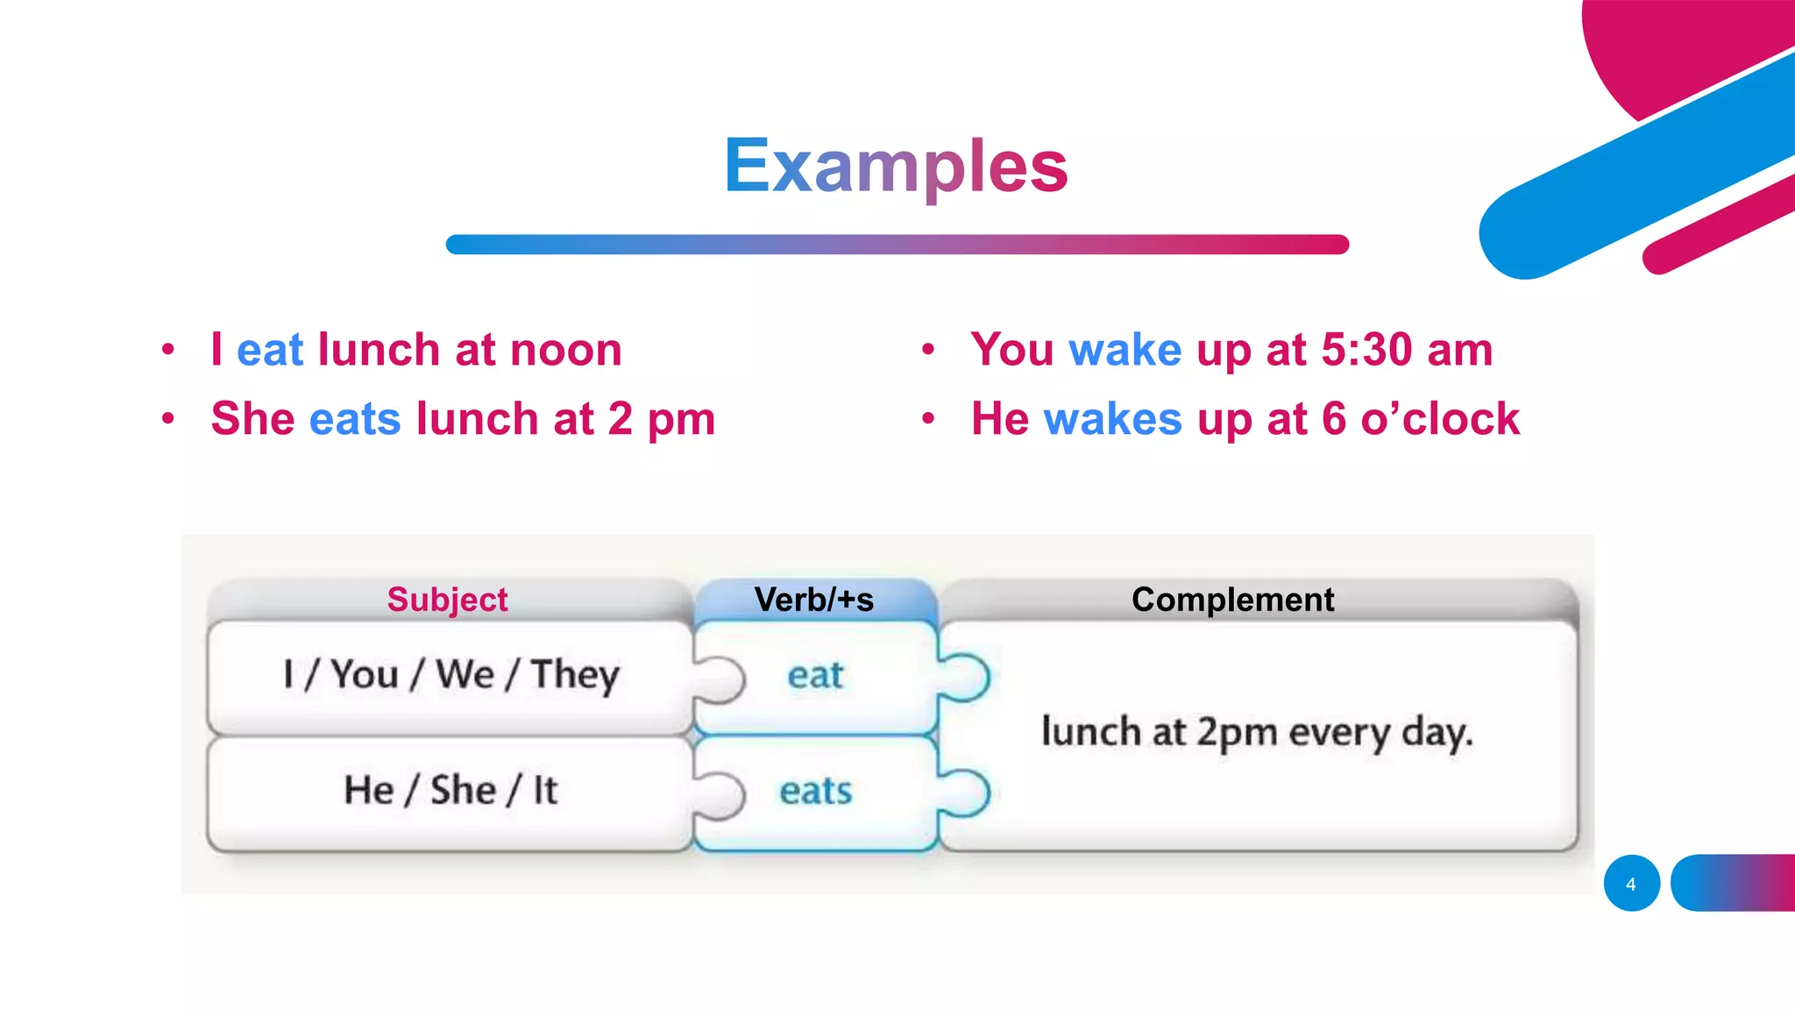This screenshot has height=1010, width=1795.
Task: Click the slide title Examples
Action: [896, 166]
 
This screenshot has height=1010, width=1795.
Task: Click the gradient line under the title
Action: [897, 245]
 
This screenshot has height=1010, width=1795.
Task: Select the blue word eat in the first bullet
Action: [270, 350]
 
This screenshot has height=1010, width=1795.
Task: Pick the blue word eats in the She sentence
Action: [355, 418]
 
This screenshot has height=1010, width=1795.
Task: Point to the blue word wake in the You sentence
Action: [1125, 350]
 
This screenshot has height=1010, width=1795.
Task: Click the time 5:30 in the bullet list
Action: [1366, 350]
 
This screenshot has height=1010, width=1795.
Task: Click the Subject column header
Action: [447, 600]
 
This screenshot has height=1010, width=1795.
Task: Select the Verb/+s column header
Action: [814, 600]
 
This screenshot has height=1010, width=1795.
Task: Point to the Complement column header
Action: [1232, 600]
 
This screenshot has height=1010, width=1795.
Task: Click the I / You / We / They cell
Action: [451, 675]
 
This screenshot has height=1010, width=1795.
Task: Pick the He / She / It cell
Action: [451, 790]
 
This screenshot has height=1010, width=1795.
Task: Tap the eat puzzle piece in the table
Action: [815, 675]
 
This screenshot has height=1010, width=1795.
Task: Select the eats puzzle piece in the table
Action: [815, 791]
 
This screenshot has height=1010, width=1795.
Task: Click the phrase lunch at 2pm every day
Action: [1257, 732]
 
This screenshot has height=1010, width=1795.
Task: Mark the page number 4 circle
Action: [1631, 884]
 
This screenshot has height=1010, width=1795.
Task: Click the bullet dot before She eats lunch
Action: [168, 419]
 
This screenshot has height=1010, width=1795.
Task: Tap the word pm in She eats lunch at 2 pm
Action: [681, 420]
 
